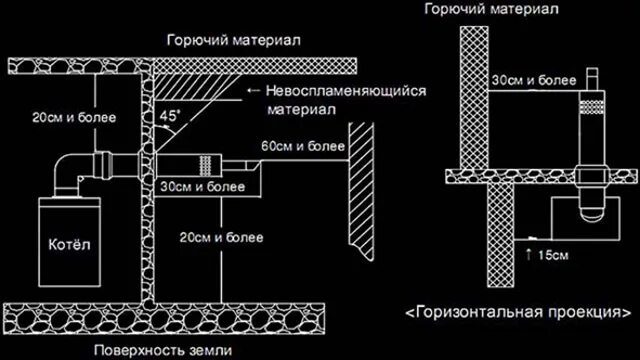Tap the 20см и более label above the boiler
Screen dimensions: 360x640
pos(72,117)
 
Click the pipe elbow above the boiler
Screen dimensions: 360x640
pos(71,169)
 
